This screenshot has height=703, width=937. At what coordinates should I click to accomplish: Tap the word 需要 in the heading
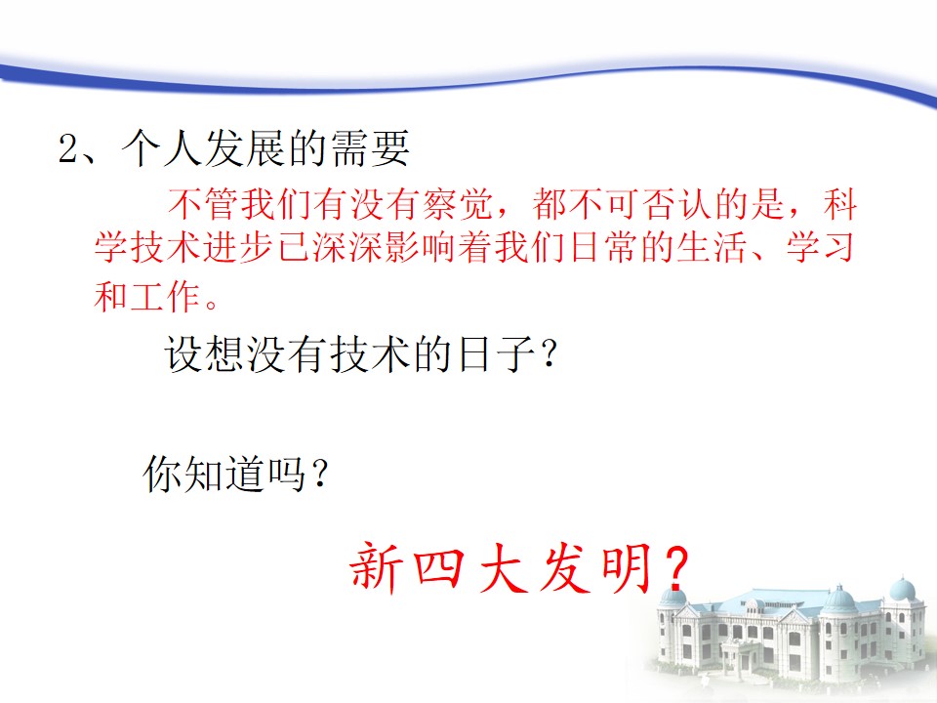(370, 147)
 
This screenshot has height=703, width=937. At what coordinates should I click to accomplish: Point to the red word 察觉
(459, 204)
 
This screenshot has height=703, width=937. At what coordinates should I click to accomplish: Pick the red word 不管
(203, 204)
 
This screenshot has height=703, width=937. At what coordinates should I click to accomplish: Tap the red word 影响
(421, 247)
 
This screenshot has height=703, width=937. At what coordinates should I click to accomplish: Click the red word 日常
(603, 247)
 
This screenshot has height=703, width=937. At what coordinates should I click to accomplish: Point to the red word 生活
(713, 247)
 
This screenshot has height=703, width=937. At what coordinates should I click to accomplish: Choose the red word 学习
(821, 247)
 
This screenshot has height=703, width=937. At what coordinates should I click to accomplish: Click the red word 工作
(165, 297)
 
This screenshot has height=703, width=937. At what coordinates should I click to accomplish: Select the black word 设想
(205, 354)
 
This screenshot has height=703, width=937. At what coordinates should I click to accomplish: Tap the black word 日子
(496, 354)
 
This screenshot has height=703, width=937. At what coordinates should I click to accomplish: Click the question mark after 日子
(549, 353)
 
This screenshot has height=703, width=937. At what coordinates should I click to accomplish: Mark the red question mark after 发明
(675, 566)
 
